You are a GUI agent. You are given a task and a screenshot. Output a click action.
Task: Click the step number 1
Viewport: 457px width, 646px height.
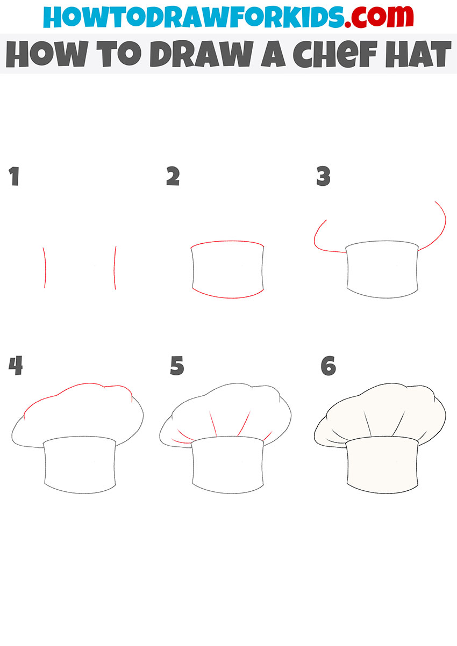(x=14, y=177)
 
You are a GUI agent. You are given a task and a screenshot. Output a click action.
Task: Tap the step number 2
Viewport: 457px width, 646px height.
(x=173, y=177)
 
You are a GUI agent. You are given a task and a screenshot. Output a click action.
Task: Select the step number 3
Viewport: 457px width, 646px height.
(x=323, y=177)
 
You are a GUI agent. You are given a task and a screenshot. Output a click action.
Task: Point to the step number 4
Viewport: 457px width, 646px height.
(x=16, y=366)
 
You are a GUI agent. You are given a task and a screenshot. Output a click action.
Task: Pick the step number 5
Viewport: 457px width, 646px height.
(x=177, y=366)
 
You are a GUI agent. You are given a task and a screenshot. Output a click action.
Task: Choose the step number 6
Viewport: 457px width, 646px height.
(x=328, y=366)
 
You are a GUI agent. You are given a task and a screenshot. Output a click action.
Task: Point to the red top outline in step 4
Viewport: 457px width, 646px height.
(x=75, y=391)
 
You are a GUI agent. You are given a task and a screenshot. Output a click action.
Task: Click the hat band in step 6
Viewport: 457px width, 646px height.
(x=382, y=464)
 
